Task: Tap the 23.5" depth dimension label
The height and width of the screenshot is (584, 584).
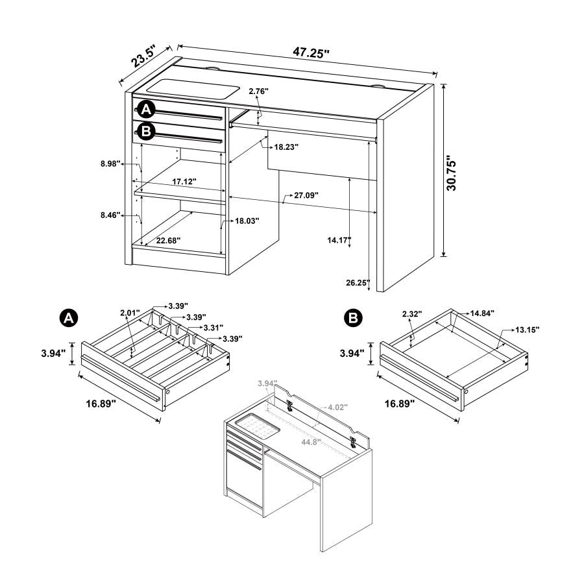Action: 145,58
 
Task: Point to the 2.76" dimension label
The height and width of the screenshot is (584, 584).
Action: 258,92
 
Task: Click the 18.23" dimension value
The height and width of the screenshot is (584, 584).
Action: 286,147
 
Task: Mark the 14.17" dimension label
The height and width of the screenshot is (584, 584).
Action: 339,240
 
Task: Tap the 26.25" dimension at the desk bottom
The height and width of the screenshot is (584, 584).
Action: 358,282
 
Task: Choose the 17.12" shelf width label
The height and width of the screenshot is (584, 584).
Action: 184,182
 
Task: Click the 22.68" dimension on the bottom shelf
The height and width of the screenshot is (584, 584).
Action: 167,240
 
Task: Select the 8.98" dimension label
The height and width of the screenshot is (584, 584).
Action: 112,164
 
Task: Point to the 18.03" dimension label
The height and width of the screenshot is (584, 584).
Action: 247,221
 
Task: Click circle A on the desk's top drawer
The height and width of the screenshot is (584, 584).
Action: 146,110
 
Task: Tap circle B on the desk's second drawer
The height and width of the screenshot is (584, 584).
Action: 146,132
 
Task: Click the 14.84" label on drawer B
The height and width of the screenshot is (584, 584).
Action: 482,313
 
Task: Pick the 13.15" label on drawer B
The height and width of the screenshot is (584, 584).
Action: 528,330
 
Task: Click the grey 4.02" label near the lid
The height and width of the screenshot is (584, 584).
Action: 337,407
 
